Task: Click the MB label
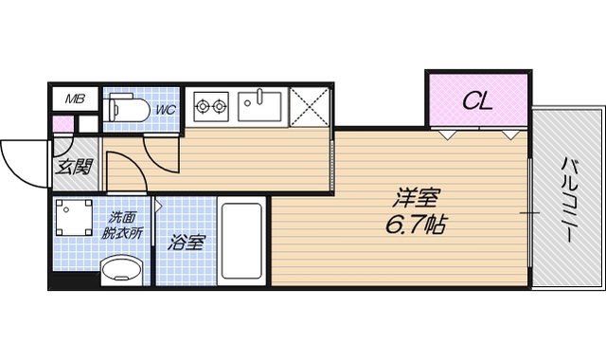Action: tap(73, 99)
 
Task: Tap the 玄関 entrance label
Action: tap(74, 168)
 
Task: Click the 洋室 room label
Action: tap(418, 201)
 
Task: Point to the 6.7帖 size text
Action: tap(418, 226)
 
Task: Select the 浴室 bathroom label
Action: tap(186, 243)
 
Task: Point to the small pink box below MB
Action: tap(62, 124)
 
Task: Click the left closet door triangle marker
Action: tap(444, 135)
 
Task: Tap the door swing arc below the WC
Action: tap(162, 156)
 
